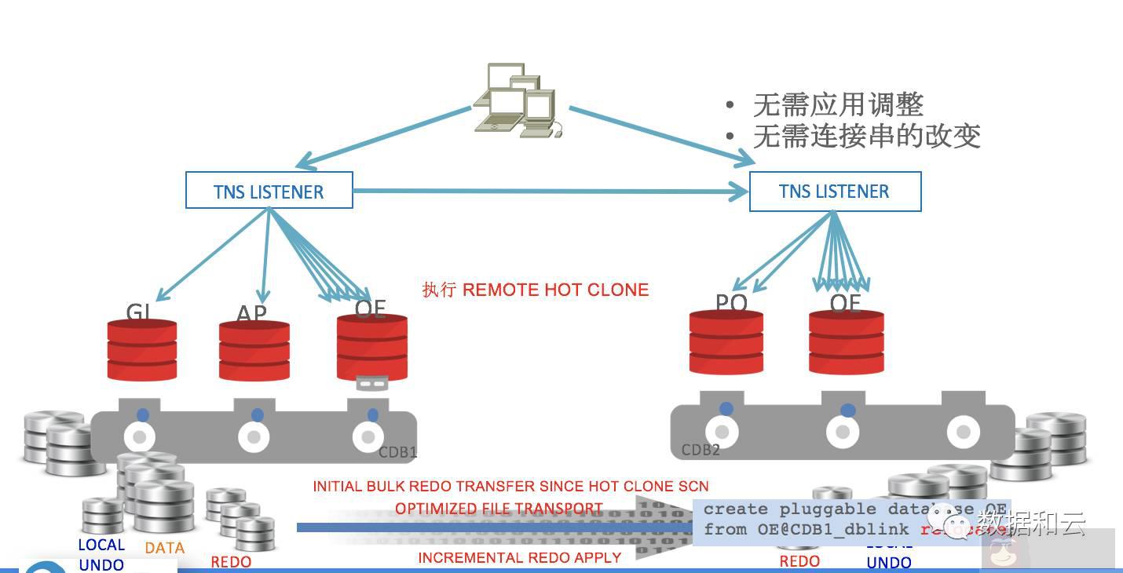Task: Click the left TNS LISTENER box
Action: coord(269,191)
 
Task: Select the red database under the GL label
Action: coord(142,350)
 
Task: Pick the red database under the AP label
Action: coord(254,350)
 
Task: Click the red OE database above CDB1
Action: coord(371,346)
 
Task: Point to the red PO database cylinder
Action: coord(726,342)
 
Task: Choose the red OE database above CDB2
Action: coord(847,342)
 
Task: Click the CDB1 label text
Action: coord(397,453)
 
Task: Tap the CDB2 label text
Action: coord(701,450)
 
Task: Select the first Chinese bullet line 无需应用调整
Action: coord(837,104)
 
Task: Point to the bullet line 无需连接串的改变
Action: coord(866,136)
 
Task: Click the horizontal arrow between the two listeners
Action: coord(550,190)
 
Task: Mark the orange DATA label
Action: coord(165,548)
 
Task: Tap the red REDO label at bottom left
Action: coord(231,562)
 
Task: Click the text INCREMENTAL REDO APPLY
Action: coord(519,557)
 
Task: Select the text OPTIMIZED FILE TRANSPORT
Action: coord(499,509)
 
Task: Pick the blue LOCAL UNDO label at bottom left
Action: coord(101,554)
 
